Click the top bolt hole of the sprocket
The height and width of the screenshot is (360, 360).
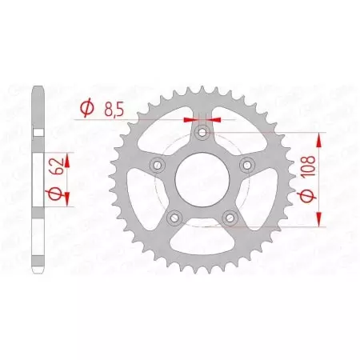(x=203, y=131)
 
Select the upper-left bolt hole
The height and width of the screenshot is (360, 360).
(x=158, y=164)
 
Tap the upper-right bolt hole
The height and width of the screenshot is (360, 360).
(x=248, y=164)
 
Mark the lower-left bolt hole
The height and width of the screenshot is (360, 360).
(x=174, y=217)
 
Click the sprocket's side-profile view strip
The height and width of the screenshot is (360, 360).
(x=38, y=180)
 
